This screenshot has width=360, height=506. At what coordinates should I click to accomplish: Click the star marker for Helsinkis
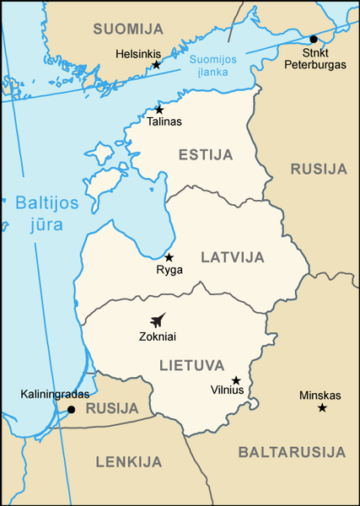pyautogui.click(x=156, y=65)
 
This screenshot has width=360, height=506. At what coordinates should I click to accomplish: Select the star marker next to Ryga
pyautogui.click(x=169, y=257)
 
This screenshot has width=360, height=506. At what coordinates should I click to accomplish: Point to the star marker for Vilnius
pyautogui.click(x=236, y=380)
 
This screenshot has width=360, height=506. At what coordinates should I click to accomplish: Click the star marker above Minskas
pyautogui.click(x=321, y=408)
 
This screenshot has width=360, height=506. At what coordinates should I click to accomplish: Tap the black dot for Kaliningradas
pyautogui.click(x=71, y=410)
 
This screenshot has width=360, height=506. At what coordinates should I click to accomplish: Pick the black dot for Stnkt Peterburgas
pyautogui.click(x=313, y=39)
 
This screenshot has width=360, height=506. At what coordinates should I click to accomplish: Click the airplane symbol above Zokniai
pyautogui.click(x=157, y=320)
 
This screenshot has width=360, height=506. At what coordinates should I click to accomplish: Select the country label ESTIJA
pyautogui.click(x=205, y=154)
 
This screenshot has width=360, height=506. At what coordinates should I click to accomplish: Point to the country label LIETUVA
pyautogui.click(x=191, y=365)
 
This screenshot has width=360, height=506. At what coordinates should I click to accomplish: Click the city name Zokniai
pyautogui.click(x=158, y=336)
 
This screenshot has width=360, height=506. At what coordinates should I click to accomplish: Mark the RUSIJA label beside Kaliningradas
pyautogui.click(x=112, y=408)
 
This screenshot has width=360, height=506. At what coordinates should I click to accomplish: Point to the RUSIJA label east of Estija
pyautogui.click(x=319, y=169)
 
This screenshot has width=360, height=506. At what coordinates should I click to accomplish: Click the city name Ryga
pyautogui.click(x=169, y=271)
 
